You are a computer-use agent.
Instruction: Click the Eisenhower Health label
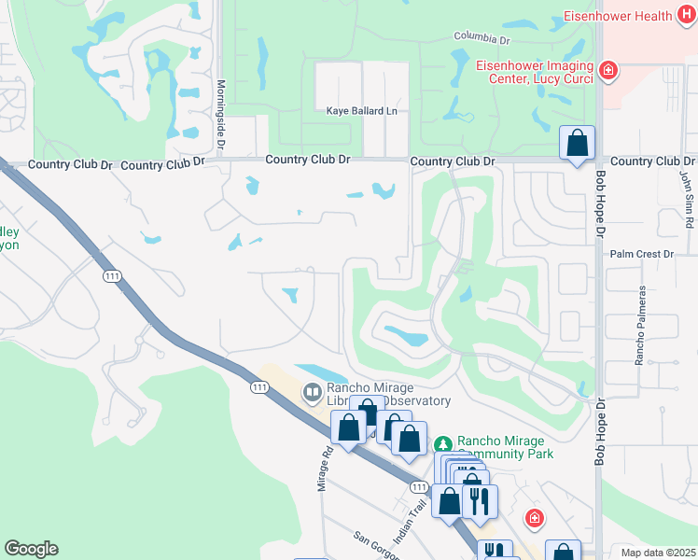(x=617, y=16)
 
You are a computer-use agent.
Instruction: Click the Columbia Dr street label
(x=482, y=39)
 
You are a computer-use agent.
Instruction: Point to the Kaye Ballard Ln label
(x=361, y=111)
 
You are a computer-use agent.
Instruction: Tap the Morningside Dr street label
(x=221, y=113)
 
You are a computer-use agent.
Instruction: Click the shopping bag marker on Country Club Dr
(x=578, y=145)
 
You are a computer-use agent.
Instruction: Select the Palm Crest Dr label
(x=641, y=254)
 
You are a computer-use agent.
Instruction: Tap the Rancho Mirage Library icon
(x=312, y=391)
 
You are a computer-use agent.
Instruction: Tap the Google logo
(x=31, y=549)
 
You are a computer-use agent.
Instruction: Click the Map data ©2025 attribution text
(x=658, y=553)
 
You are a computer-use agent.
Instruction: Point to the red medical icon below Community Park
(x=534, y=517)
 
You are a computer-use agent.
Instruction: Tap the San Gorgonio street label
(x=377, y=546)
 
